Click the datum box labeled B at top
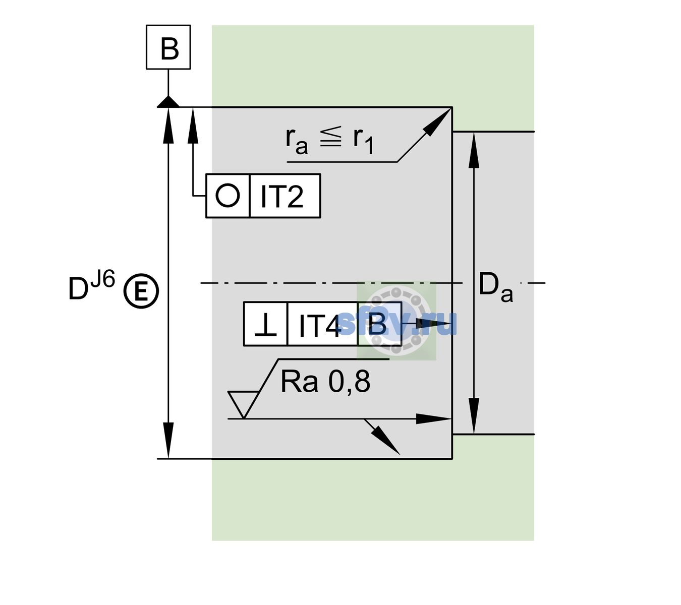(168, 47)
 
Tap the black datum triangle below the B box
(168, 102)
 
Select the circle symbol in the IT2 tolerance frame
(228, 196)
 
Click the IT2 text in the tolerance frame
(281, 196)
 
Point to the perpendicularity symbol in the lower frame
(265, 325)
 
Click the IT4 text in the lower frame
(320, 326)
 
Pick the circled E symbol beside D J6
(141, 291)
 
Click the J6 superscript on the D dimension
(103, 279)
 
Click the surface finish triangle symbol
(243, 404)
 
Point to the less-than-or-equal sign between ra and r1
(331, 137)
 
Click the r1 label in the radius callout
(363, 141)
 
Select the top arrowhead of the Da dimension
(474, 150)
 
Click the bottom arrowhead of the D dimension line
(168, 440)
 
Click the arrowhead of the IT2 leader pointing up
(193, 126)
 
